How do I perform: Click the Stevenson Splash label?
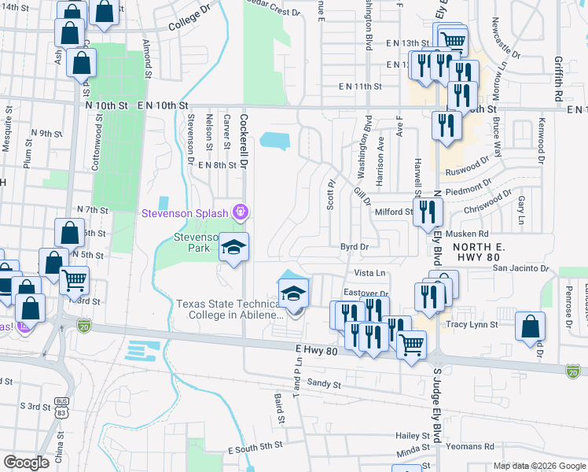[x=185, y=213]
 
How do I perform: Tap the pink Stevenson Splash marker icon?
[x=241, y=212]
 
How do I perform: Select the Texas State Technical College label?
[x=229, y=309]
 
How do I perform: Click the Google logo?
[x=26, y=462]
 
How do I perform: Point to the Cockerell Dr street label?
[x=244, y=135]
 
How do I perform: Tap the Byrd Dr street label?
[x=355, y=246]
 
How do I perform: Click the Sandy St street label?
[x=324, y=385]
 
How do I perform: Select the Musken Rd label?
[x=467, y=234]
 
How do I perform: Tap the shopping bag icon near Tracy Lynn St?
[x=531, y=326]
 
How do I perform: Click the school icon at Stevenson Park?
[x=233, y=249]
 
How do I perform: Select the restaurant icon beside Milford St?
[x=428, y=212]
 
